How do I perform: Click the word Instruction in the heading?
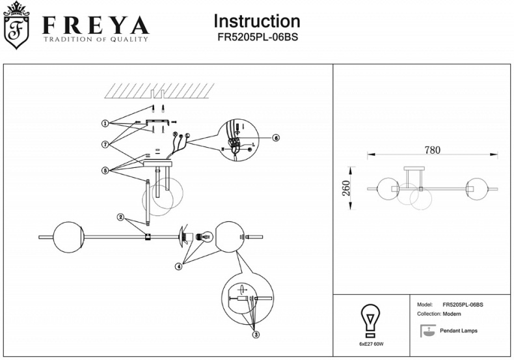click(x=257, y=21)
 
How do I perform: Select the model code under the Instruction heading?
click(x=257, y=38)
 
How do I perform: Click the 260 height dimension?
click(x=347, y=189)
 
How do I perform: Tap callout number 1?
click(x=104, y=123)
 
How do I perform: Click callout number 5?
click(x=104, y=171)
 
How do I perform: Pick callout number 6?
click(x=276, y=138)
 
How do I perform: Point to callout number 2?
click(x=120, y=217)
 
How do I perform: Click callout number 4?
click(x=178, y=266)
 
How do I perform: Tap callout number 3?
click(x=256, y=335)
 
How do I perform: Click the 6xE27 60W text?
click(x=372, y=343)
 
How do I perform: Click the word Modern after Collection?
click(x=452, y=314)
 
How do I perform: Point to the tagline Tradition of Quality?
click(x=96, y=40)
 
